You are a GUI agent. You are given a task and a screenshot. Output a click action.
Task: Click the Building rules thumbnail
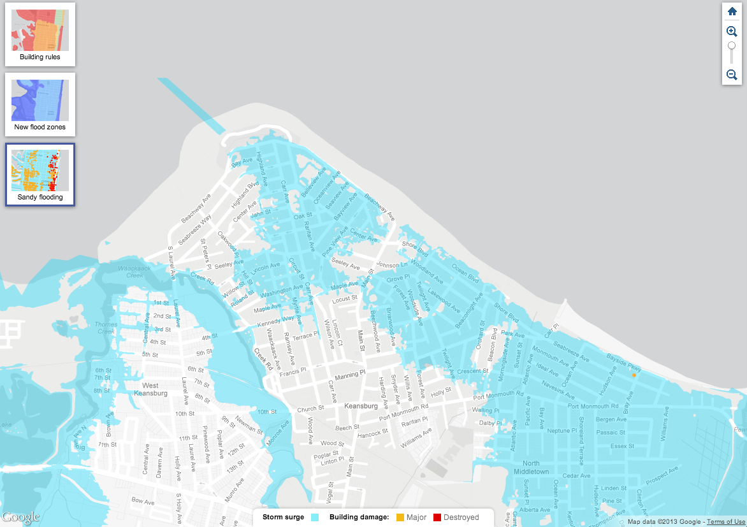pyautogui.click(x=40, y=34)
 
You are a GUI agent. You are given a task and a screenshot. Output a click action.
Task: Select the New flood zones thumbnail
pyautogui.click(x=40, y=105)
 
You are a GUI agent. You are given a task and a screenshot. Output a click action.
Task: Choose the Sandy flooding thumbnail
pyautogui.click(x=40, y=175)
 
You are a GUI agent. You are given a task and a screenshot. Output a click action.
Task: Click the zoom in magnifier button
pyautogui.click(x=732, y=31)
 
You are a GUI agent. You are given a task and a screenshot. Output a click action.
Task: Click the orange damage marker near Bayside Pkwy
pyautogui.click(x=634, y=375)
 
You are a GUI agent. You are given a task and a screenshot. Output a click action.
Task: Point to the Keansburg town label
pyautogui.click(x=361, y=406)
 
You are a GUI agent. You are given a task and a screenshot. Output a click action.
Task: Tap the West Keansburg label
pyautogui.click(x=150, y=389)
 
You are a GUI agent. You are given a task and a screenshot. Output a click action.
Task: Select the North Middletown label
pyautogui.click(x=531, y=467)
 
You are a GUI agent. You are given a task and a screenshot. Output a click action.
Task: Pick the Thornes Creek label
pyautogui.click(x=106, y=328)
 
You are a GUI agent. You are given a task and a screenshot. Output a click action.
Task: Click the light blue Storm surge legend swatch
pyautogui.click(x=314, y=517)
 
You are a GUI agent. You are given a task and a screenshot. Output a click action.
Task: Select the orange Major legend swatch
pyautogui.click(x=400, y=517)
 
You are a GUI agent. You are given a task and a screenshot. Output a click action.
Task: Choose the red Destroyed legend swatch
pyautogui.click(x=437, y=517)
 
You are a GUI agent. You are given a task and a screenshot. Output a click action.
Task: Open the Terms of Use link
pyautogui.click(x=726, y=521)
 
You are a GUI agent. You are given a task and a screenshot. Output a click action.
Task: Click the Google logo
pyautogui.click(x=20, y=517)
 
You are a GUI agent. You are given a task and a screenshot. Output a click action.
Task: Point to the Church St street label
pyautogui.click(x=311, y=409)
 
